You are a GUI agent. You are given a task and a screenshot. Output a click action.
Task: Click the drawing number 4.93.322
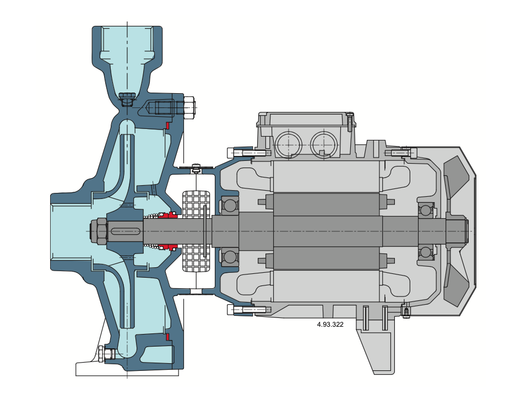tap(330, 324)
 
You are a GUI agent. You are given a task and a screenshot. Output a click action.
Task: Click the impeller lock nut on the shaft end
tap(99, 231)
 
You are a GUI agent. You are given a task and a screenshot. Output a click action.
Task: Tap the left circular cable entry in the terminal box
tap(288, 144)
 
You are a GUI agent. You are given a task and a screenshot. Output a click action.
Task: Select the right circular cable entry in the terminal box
tap(324, 144)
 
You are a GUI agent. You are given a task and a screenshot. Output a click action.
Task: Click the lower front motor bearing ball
tap(229, 257)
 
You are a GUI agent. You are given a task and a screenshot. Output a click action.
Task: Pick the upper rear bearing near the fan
tap(426, 210)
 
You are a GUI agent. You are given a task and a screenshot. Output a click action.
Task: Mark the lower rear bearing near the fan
tap(426, 252)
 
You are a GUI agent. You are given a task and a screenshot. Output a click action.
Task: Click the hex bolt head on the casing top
tap(189, 107)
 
